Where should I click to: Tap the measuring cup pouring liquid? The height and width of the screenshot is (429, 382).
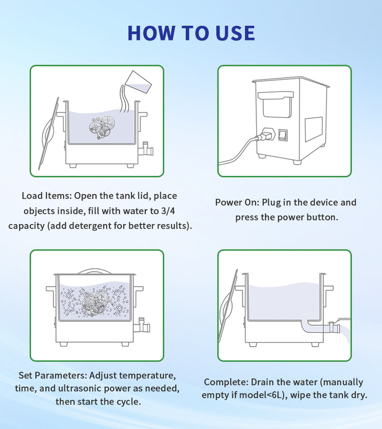[138, 82]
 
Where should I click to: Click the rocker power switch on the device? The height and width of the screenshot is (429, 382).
[283, 135]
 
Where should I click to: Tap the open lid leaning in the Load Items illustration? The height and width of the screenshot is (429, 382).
[49, 133]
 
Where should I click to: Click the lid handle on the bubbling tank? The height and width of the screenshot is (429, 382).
[95, 271]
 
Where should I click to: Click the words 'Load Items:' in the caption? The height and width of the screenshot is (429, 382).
[47, 196]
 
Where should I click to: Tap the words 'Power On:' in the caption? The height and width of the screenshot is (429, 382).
[237, 202]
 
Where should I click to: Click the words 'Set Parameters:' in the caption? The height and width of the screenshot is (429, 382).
[52, 375]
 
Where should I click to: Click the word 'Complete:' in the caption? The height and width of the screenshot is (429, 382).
[226, 382]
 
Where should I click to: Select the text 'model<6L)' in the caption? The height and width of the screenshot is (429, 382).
[263, 395]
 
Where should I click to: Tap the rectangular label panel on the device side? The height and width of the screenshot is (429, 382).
[314, 129]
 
